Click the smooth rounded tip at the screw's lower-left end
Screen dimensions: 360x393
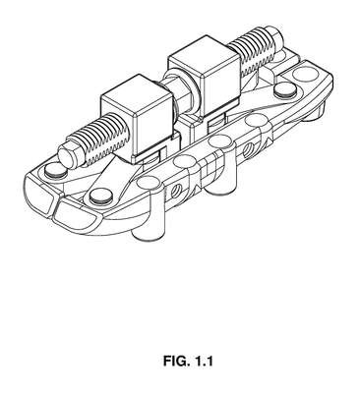(x=67, y=155)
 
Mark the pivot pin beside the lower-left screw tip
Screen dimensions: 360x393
(x=55, y=171)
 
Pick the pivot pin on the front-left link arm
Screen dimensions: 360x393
(x=100, y=196)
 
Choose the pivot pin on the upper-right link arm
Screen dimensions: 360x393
(x=284, y=90)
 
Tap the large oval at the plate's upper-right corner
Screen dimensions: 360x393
(x=305, y=74)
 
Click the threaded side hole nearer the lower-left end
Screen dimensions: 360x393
(x=176, y=190)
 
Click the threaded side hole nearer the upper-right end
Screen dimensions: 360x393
(x=248, y=148)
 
